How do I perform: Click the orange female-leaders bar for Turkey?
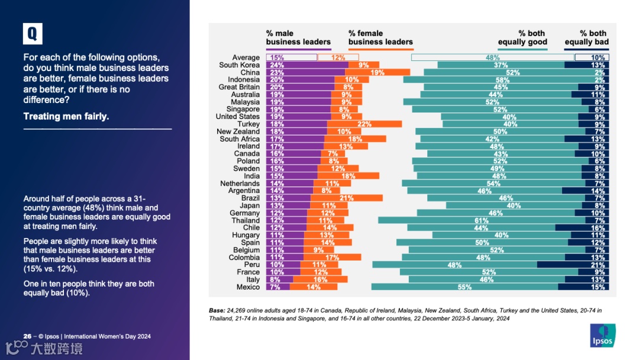pyautogui.click(x=364, y=124)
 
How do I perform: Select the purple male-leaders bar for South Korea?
pyautogui.click(x=307, y=65)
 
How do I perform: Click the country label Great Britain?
pyautogui.click(x=239, y=87)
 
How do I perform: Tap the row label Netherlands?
pyautogui.click(x=240, y=184)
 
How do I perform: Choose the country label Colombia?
pyautogui.click(x=244, y=258)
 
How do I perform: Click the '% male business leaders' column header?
pyautogui.click(x=298, y=37)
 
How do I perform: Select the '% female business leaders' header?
pyautogui.click(x=380, y=37)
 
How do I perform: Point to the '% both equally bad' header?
pyautogui.click(x=586, y=37)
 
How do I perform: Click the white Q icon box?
pyautogui.click(x=33, y=34)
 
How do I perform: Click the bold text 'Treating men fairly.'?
pyautogui.click(x=66, y=117)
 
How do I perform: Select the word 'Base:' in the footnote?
pyautogui.click(x=217, y=310)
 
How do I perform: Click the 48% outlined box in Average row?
pyautogui.click(x=488, y=58)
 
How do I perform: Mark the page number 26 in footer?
pyautogui.click(x=27, y=336)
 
